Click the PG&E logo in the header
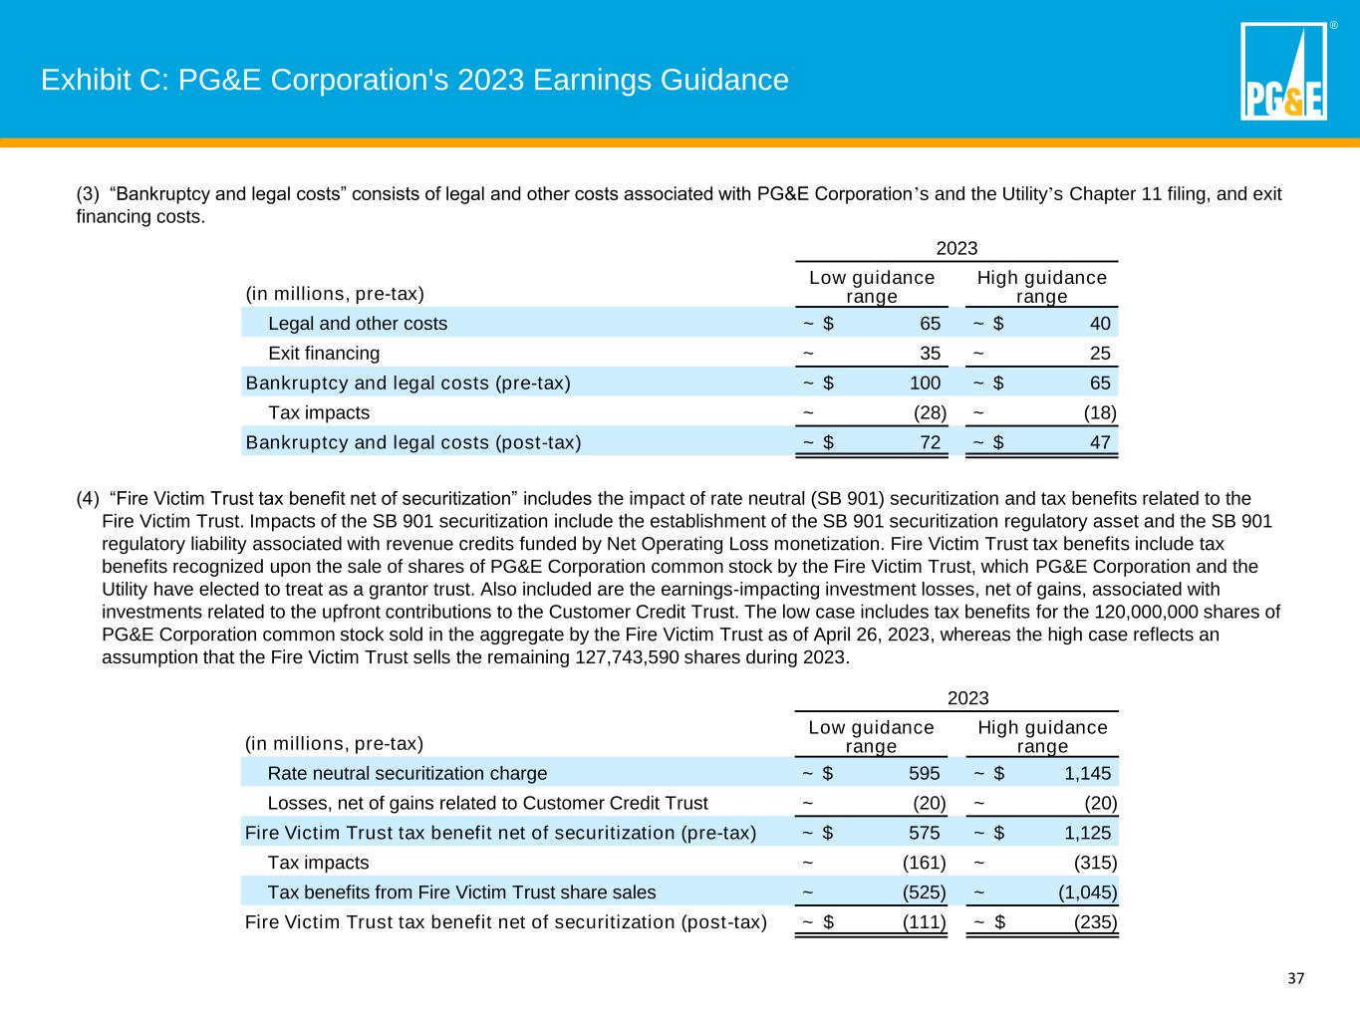click(1283, 72)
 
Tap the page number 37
click(1295, 978)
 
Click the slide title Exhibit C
click(414, 80)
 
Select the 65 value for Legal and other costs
click(930, 324)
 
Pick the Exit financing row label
click(324, 354)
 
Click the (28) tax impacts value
click(930, 413)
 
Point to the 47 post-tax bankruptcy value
click(1100, 443)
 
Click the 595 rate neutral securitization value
click(924, 774)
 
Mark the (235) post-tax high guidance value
click(1095, 922)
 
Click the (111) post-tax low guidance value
click(924, 922)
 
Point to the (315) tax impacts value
click(1095, 863)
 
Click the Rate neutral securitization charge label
click(407, 774)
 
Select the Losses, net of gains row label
click(487, 804)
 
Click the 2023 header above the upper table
click(956, 249)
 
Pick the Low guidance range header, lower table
click(871, 737)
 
